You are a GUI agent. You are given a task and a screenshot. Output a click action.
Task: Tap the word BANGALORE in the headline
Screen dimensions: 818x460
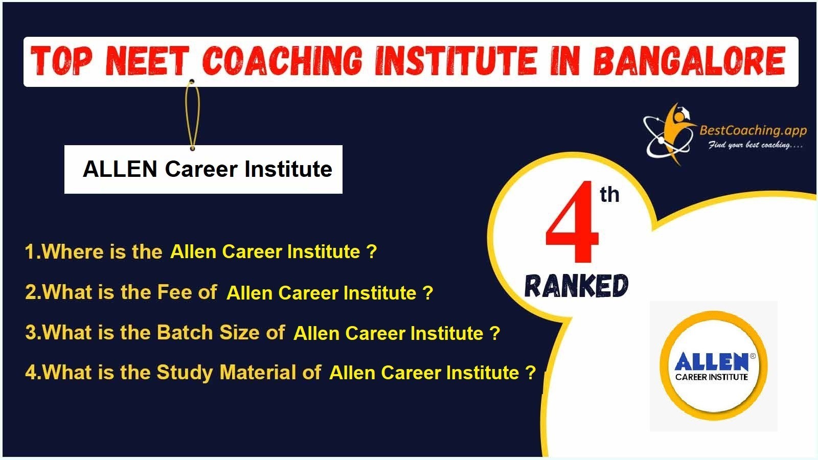coord(690,61)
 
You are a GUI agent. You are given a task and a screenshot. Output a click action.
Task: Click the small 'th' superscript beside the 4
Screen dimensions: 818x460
coord(609,194)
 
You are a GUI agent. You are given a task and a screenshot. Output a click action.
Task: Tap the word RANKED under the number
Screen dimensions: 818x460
coord(576,286)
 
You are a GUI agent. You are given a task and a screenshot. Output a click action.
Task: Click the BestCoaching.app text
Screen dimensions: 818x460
coord(753,130)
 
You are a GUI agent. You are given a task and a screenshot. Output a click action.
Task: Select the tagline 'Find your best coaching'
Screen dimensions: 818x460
coord(755,145)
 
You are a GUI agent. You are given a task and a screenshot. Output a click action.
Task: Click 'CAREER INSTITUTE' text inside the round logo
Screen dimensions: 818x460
coord(712,377)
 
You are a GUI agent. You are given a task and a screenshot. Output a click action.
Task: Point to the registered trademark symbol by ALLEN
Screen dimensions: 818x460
coord(753,356)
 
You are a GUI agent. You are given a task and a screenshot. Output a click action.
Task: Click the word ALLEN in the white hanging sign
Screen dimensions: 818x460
coord(120,169)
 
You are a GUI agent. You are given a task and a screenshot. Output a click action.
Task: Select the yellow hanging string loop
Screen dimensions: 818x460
coord(192,115)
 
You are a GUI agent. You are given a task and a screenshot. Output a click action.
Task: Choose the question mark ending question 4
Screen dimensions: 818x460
coord(530,373)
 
